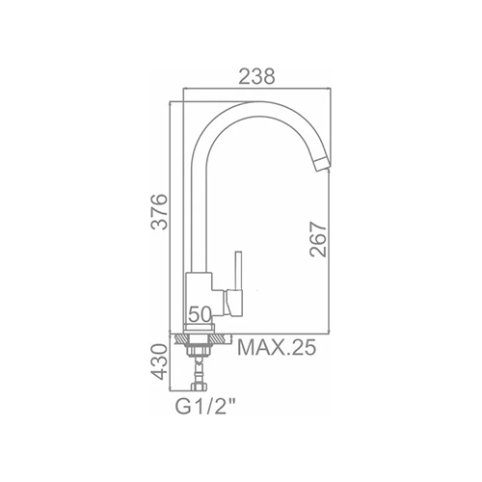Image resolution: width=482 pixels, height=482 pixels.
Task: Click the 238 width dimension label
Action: (257, 76)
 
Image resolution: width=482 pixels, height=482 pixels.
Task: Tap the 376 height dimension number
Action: (160, 211)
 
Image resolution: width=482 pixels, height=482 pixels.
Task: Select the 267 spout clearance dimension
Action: (318, 239)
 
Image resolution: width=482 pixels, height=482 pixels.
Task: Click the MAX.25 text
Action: (277, 347)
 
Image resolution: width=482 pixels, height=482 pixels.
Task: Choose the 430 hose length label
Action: (160, 362)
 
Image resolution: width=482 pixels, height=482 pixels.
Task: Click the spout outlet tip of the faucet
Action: (322, 166)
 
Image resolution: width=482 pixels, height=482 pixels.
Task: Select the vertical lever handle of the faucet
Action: (238, 271)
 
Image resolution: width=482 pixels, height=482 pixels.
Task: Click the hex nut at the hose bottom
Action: (199, 387)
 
